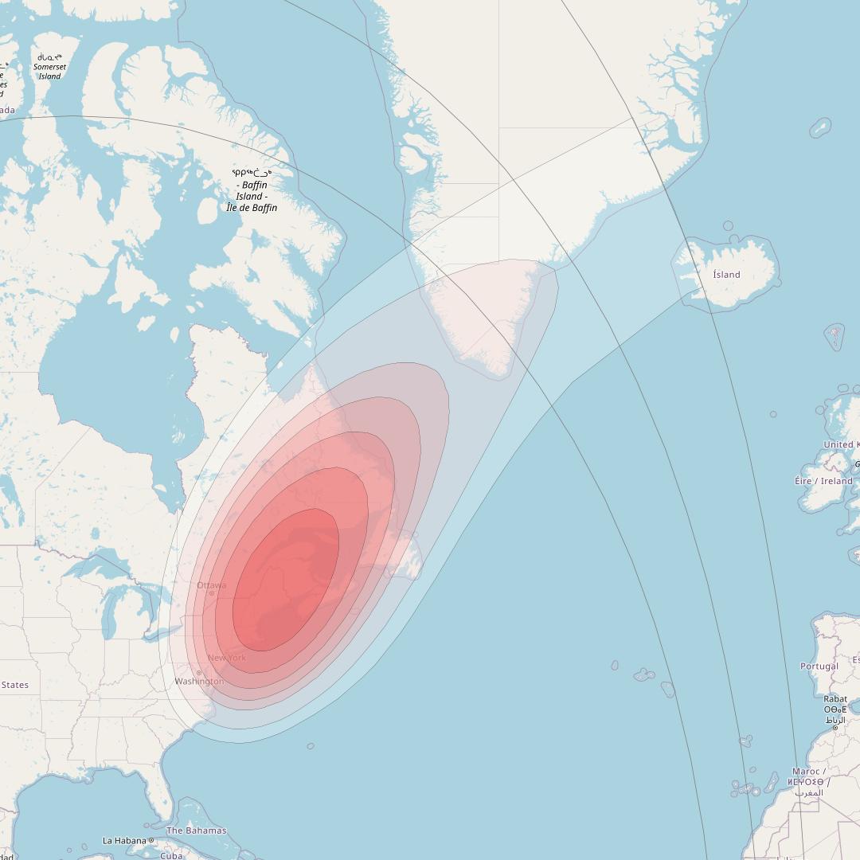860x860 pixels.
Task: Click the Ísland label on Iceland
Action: coord(726,275)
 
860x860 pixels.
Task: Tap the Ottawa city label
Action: coord(212,585)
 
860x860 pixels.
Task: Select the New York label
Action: coord(227,658)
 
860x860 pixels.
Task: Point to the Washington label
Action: coord(199,682)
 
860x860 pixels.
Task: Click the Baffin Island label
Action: coord(252,191)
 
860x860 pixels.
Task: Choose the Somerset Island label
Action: coord(49,67)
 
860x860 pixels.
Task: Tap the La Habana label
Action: coord(125,840)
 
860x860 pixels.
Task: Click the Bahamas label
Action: coord(196,831)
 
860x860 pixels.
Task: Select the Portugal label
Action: coord(819,666)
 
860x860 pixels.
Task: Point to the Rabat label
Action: coord(835,699)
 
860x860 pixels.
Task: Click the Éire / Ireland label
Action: coord(823,481)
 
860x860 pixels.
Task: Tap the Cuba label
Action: coord(171,856)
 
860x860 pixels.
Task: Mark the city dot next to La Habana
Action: coord(151,840)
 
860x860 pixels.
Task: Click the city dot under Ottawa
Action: coord(212,593)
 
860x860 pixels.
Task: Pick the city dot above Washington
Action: coord(199,673)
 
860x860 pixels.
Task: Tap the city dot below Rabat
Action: coord(835,728)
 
